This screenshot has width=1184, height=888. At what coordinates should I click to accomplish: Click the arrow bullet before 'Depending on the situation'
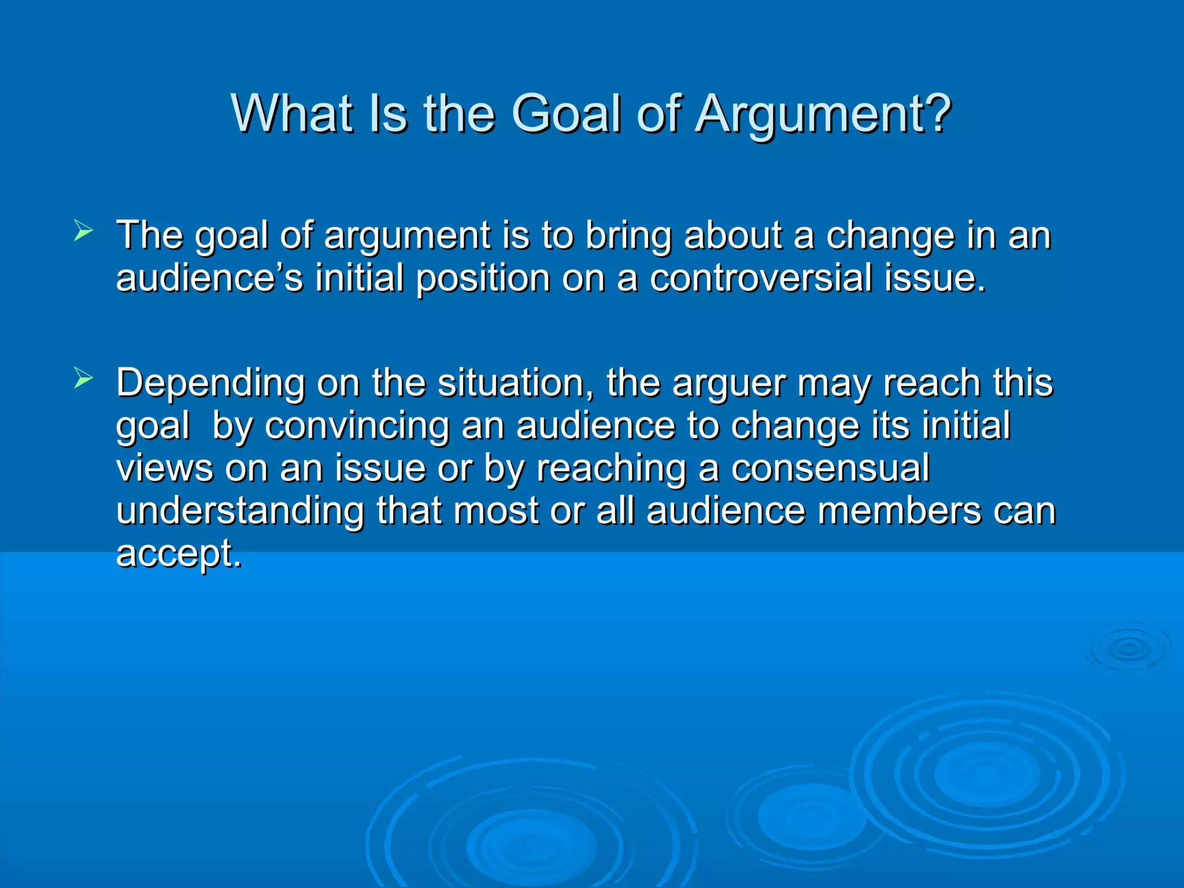point(83,379)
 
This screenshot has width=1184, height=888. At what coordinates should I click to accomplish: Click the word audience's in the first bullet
point(209,278)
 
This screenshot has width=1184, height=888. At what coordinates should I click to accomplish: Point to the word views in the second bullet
point(164,468)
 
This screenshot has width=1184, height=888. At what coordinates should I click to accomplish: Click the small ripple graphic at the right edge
point(1128,647)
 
